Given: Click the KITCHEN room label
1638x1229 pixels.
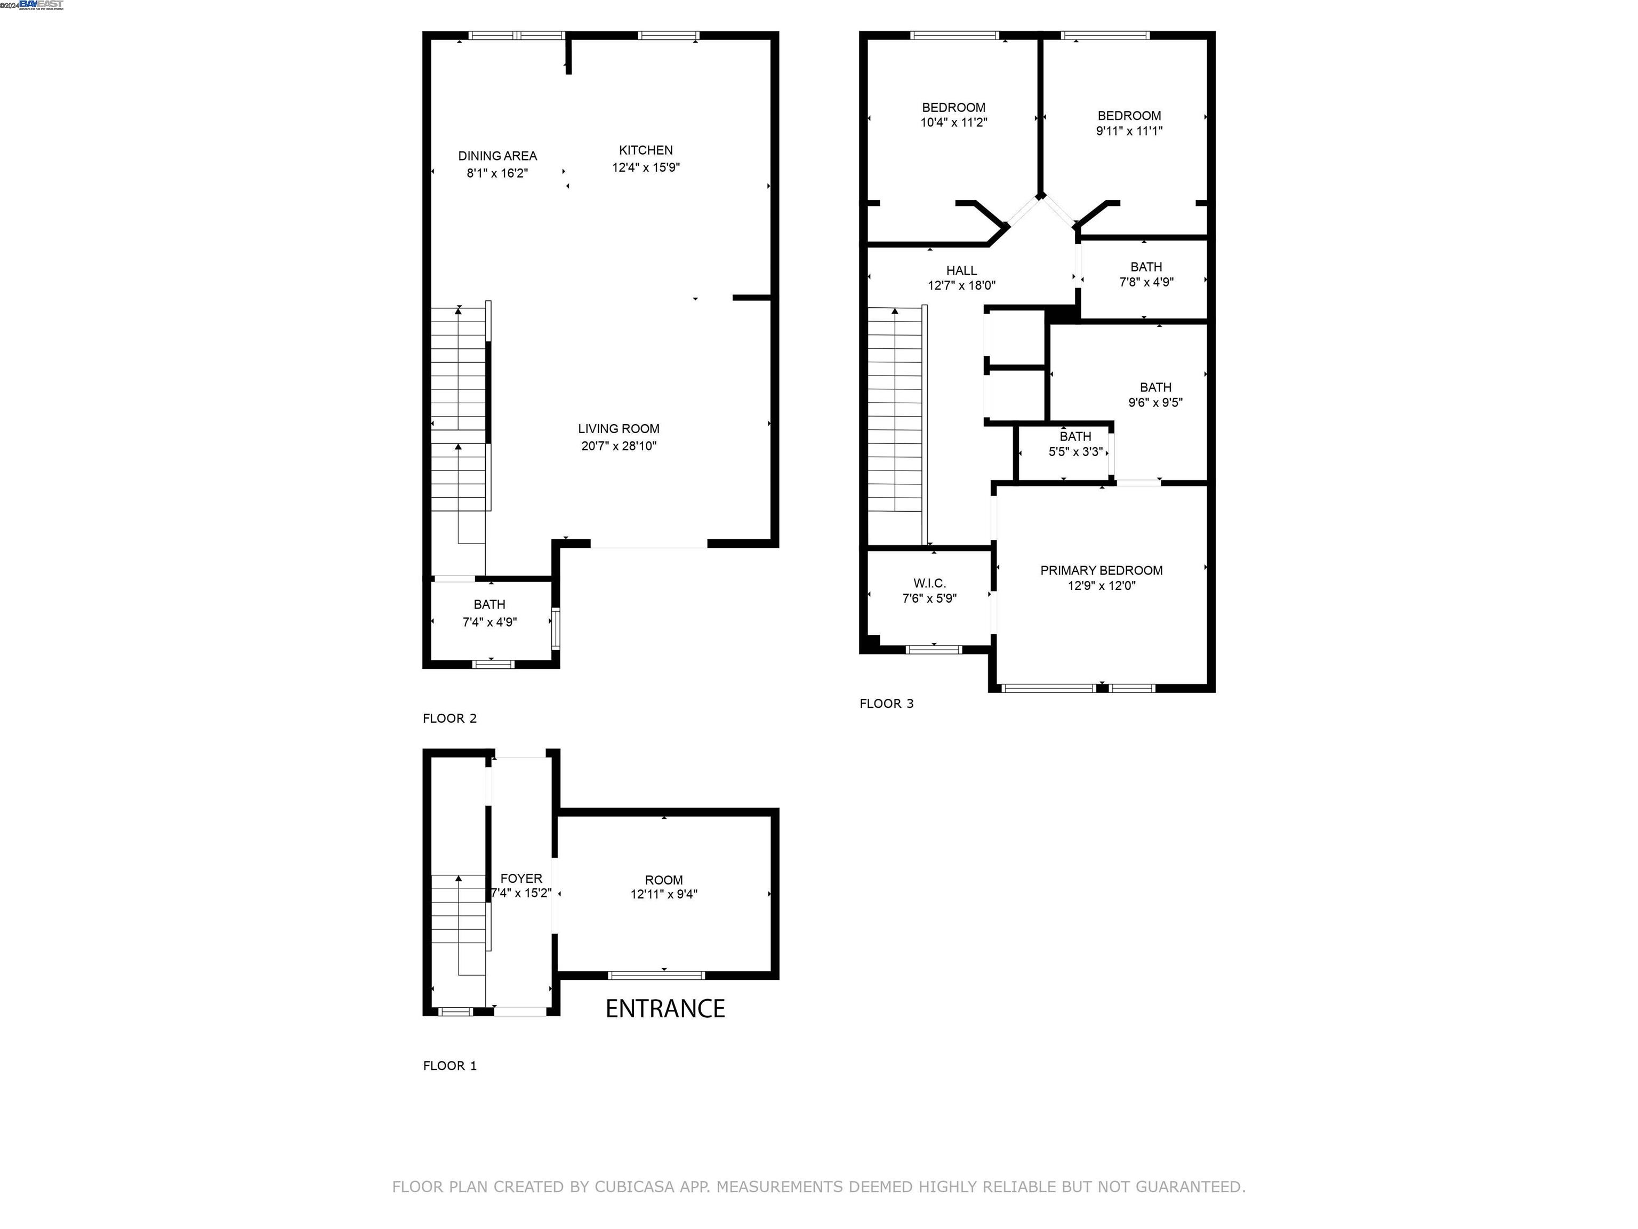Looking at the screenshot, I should coord(646,150).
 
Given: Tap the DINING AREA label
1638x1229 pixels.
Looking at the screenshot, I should coord(497,156).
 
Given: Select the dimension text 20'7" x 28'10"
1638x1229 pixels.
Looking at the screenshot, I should coord(619,446).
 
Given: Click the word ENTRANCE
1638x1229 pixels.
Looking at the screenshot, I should coord(665,1008).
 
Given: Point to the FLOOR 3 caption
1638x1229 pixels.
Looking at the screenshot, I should coord(886,704).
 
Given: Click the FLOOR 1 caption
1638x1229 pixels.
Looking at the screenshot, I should coord(449,1066).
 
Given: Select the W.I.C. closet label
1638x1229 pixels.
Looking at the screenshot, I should coord(929,584).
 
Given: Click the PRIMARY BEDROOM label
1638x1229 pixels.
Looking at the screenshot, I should coord(1101,570).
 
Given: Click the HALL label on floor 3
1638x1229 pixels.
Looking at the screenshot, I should coord(961,271).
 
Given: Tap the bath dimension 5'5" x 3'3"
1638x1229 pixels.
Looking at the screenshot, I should coord(1075,452).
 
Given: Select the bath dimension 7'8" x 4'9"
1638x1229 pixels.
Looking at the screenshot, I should coord(1145,282).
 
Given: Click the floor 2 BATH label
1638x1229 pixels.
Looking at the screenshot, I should coord(489,604).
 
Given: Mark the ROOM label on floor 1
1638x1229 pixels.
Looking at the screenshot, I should coord(663,880).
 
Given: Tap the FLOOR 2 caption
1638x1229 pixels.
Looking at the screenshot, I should coord(449,719).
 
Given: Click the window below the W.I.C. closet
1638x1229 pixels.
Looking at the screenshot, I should coord(934,650).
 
